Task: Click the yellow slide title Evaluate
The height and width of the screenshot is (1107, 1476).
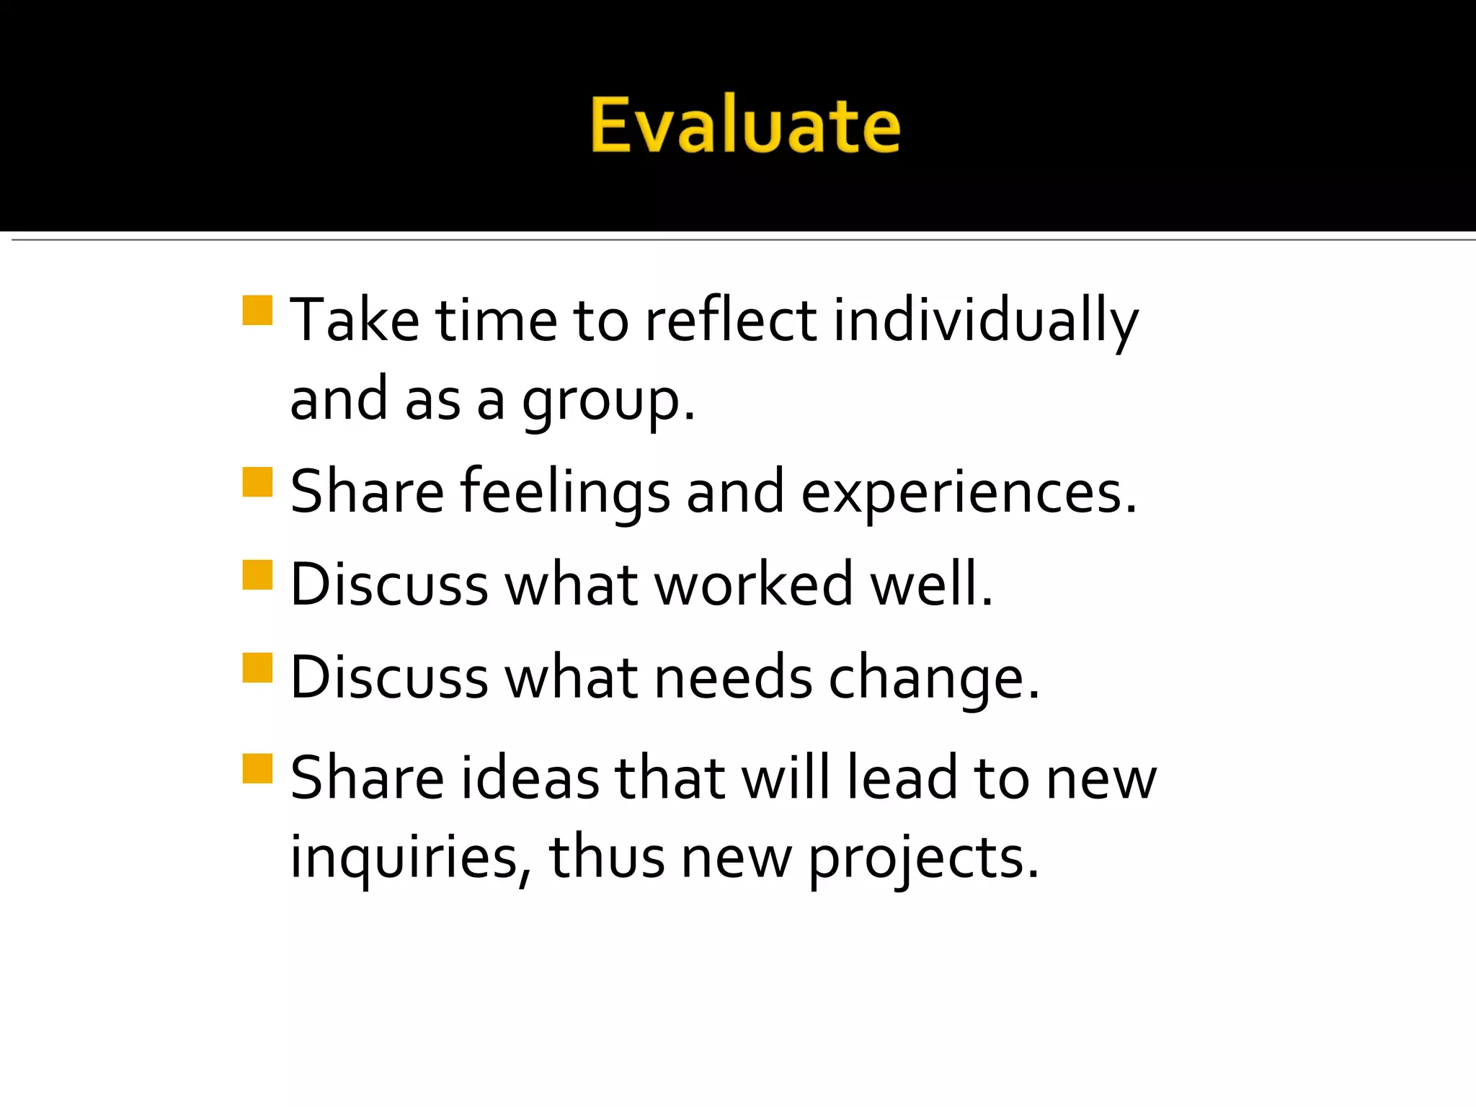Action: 745,125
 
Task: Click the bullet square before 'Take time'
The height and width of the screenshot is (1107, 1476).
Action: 257,311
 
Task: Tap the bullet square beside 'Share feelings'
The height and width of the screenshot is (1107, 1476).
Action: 257,482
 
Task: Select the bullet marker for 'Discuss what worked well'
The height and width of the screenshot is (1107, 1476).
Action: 257,575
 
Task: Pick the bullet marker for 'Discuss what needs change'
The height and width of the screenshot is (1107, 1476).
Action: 257,667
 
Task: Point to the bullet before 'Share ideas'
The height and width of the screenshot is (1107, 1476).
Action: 257,768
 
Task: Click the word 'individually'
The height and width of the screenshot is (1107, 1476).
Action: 985,321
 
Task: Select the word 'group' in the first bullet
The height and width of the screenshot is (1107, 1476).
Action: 600,401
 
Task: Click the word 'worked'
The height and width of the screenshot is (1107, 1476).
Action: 754,584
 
